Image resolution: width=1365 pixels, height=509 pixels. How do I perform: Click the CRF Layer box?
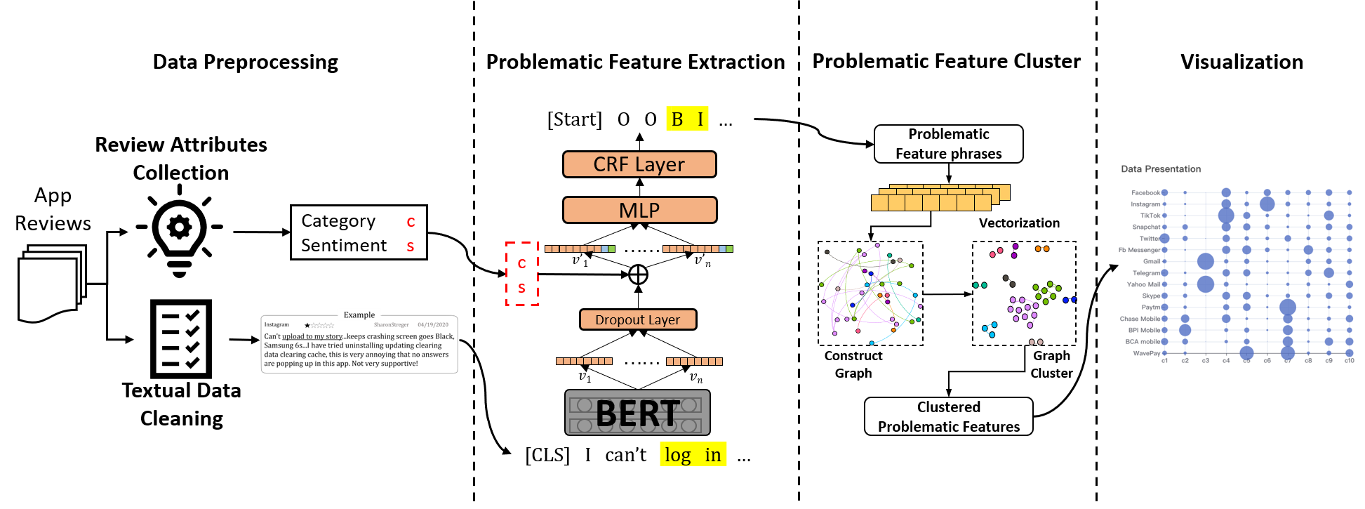(639, 164)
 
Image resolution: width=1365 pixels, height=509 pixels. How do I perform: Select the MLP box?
(639, 210)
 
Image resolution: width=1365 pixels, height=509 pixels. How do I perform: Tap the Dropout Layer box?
(638, 319)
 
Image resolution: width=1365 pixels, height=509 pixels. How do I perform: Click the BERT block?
(637, 413)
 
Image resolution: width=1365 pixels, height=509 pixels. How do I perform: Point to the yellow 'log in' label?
(693, 454)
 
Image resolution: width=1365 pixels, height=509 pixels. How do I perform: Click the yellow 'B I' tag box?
(687, 119)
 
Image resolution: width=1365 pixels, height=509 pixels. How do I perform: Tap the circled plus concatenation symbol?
(638, 275)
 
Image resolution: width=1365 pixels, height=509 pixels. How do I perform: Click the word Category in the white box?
(338, 220)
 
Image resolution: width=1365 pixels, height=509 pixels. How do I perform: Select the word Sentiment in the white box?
(344, 245)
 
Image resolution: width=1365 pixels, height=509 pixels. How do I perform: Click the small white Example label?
(359, 315)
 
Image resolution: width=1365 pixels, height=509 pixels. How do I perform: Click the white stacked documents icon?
(52, 283)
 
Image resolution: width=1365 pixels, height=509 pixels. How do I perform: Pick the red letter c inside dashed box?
(521, 263)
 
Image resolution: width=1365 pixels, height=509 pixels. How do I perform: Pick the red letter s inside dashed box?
(521, 288)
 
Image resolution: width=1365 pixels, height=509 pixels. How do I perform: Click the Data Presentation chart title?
(1161, 169)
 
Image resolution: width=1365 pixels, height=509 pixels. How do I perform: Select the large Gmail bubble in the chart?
(1206, 261)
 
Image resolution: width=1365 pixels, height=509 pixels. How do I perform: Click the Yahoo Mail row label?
(1143, 284)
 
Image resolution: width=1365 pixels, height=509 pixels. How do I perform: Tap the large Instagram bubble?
(1267, 204)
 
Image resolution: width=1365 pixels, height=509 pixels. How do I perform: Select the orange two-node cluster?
(1042, 249)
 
